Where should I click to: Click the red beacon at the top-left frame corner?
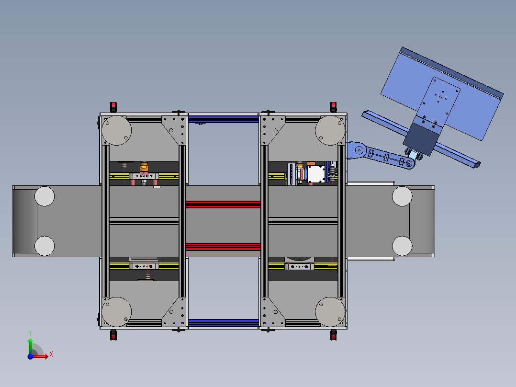pyautogui.click(x=113, y=107)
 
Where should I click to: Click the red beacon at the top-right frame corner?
pyautogui.click(x=333, y=107)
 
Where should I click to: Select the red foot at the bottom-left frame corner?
pyautogui.click(x=113, y=335)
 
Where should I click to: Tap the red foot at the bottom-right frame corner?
pyautogui.click(x=333, y=335)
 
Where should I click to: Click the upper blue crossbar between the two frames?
pyautogui.click(x=224, y=119)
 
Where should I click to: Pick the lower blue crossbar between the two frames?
pyautogui.click(x=224, y=323)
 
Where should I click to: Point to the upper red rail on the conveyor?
pyautogui.click(x=224, y=205)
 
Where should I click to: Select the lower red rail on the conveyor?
pyautogui.click(x=224, y=247)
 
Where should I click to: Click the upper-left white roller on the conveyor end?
pyautogui.click(x=45, y=196)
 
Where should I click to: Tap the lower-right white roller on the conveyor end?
pyautogui.click(x=402, y=246)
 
